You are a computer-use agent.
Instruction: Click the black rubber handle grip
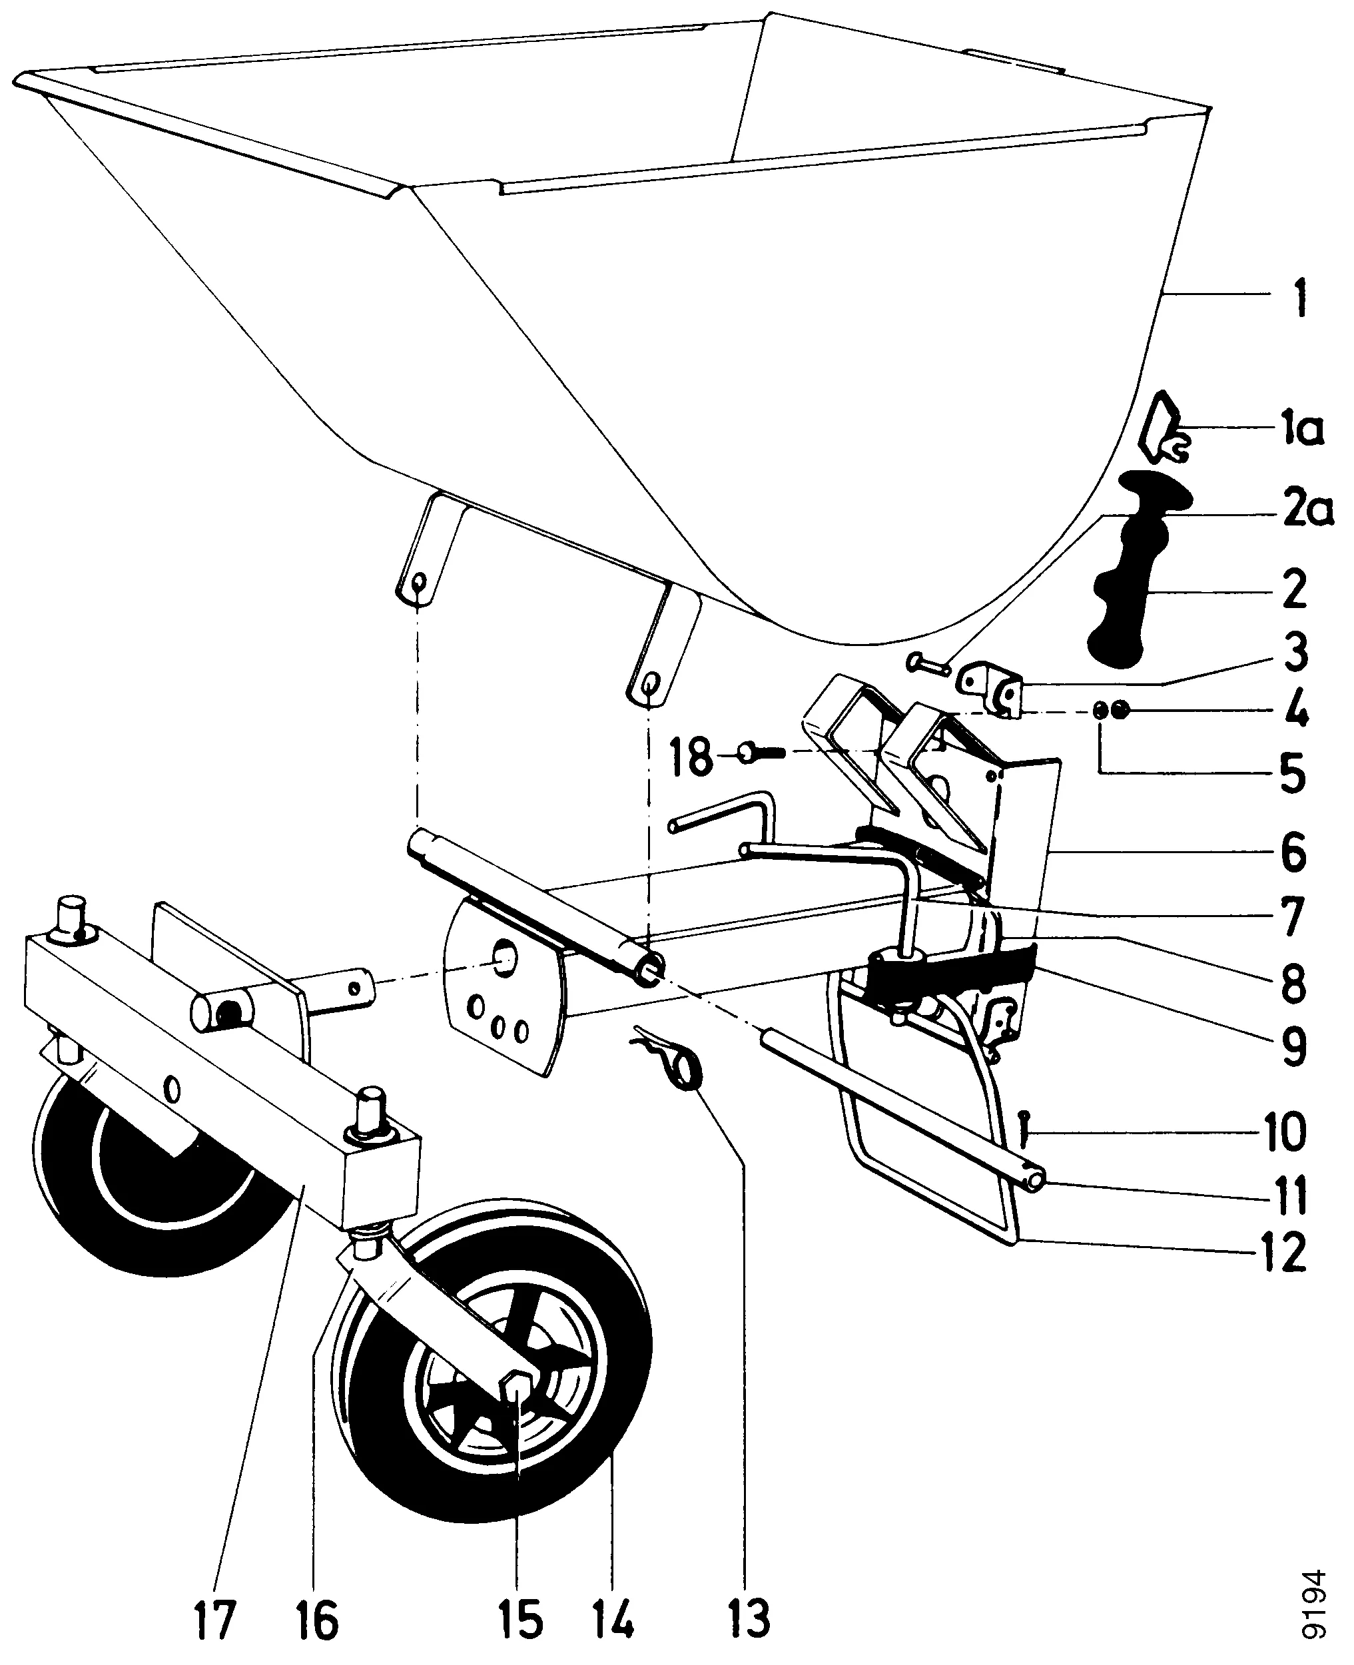[1132, 578]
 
